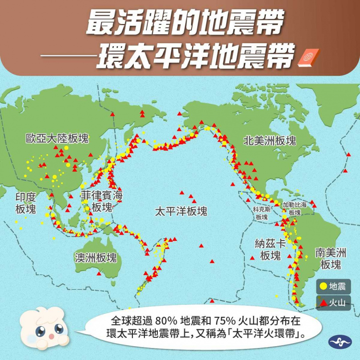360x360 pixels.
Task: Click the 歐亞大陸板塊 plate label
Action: click(x=57, y=138)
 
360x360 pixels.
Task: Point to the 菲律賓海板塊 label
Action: click(x=102, y=201)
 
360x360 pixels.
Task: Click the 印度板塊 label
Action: click(x=25, y=203)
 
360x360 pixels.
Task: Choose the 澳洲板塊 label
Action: click(x=96, y=258)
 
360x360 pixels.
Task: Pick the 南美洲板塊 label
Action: click(x=330, y=259)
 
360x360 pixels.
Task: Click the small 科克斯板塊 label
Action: click(x=262, y=213)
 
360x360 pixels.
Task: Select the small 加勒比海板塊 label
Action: click(x=295, y=208)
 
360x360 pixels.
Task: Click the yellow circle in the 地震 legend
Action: click(x=323, y=287)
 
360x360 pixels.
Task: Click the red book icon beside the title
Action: click(x=305, y=58)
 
